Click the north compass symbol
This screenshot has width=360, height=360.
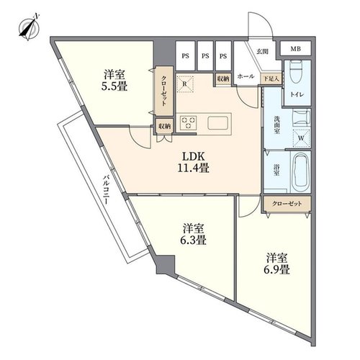[x=30, y=28]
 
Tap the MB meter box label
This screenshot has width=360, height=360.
[x=296, y=49]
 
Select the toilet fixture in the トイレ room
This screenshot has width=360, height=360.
[x=297, y=72]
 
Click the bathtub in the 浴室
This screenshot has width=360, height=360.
[x=301, y=171]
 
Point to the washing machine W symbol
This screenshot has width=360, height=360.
[x=301, y=138]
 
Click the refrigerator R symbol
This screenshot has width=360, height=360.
[x=185, y=84]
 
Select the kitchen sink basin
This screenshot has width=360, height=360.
[x=217, y=123]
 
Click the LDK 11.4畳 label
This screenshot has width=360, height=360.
[x=194, y=162]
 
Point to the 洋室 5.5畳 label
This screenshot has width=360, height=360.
[x=114, y=81]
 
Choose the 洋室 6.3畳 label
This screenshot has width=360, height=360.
[x=193, y=234]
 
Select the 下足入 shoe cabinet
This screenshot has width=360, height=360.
[x=271, y=78]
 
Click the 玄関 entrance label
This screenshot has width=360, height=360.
[x=262, y=51]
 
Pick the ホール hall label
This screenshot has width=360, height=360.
[x=246, y=76]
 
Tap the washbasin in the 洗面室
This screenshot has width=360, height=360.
[x=302, y=117]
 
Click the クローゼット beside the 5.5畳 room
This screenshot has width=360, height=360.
[x=163, y=91]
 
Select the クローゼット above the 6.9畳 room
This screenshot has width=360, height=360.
[x=287, y=204]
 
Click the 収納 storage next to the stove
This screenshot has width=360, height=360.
[x=164, y=126]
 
